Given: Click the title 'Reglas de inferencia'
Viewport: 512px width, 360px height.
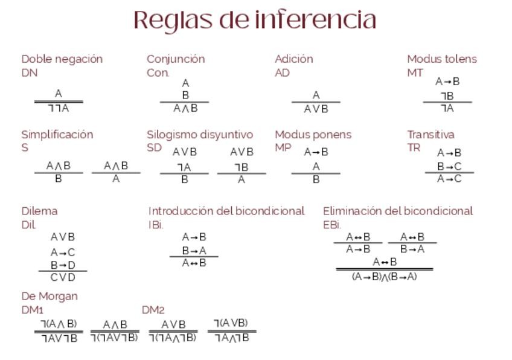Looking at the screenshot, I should pos(255,21).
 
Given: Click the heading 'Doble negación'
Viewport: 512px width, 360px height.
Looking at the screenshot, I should pos(62,59).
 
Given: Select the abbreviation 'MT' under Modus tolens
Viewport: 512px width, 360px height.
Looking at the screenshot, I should pos(415,73).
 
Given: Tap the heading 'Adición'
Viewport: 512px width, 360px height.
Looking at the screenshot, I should pos(294,59).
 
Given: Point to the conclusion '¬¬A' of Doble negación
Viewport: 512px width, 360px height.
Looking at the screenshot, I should pos(59,109).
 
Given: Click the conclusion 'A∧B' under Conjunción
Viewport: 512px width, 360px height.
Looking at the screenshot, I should pos(185,109).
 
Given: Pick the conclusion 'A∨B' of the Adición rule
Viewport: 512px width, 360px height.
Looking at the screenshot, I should pos(316,109).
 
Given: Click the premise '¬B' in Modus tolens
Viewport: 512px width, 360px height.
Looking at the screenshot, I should pos(447,96).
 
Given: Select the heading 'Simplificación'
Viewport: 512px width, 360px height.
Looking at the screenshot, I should pos(57,135).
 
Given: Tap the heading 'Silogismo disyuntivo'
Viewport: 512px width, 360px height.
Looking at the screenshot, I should pos(200,135).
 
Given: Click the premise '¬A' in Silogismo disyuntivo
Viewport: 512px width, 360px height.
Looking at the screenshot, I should pos(184,167).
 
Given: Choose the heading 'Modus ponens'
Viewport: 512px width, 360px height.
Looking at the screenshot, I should pos(313,135).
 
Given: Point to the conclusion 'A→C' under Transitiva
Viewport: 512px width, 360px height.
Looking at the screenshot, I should pos(449,179).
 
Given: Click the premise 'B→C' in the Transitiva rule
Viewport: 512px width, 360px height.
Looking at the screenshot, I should pos(449,167).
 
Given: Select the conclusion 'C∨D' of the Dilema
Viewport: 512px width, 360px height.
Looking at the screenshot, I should pos(63,277).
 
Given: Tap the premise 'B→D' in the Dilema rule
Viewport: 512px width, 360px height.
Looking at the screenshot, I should pos(63,265).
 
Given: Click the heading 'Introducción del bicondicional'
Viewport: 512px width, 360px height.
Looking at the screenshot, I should pos(226,211).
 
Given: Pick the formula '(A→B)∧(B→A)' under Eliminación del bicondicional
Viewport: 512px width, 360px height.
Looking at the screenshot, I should pos(384,277).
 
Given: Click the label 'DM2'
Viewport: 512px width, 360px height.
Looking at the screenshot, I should pos(153,310).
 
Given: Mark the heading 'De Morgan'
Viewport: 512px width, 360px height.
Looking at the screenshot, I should pos(50,297).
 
